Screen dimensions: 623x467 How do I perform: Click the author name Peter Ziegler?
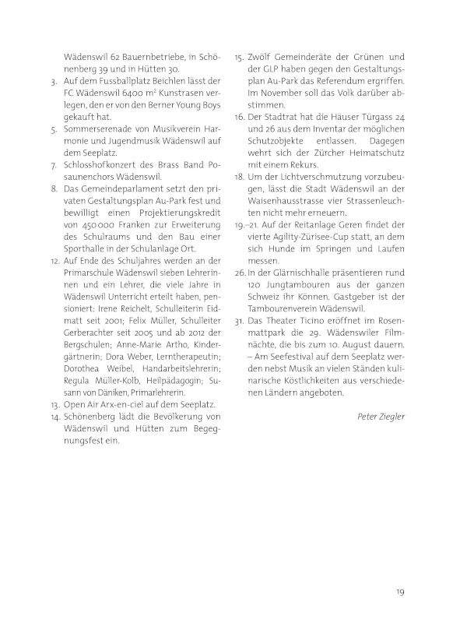pyautogui.click(x=380, y=417)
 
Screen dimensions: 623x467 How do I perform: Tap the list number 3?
pyautogui.click(x=51, y=81)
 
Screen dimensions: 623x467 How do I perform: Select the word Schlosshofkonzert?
pyautogui.click(x=101, y=164)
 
